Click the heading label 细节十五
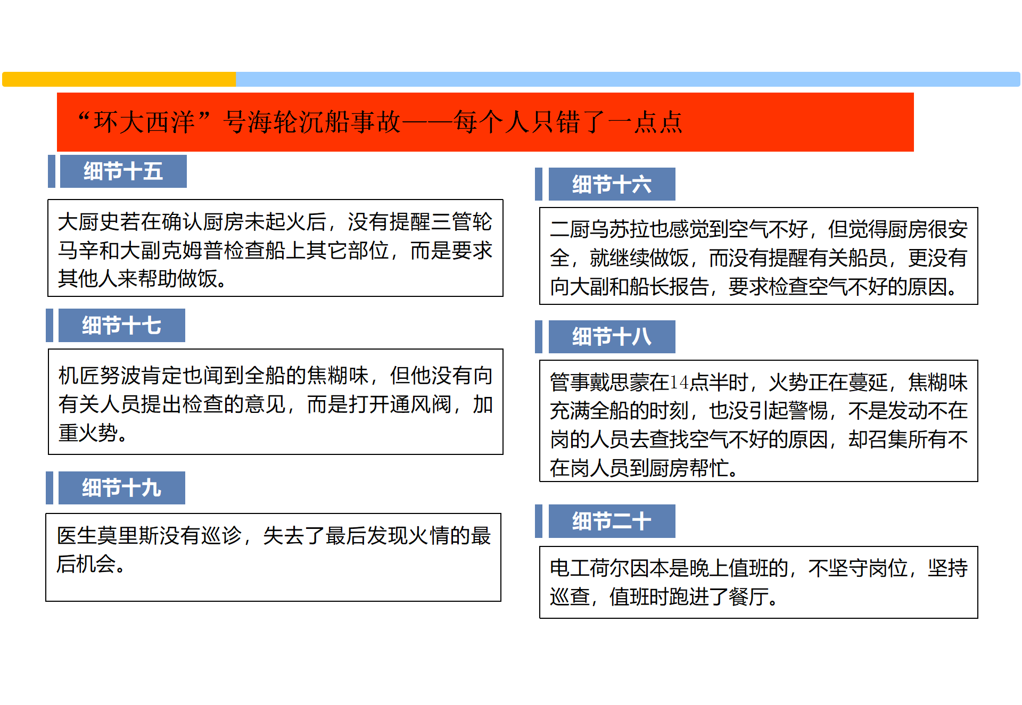(x=123, y=171)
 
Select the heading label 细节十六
(x=612, y=184)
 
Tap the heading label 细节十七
(x=121, y=325)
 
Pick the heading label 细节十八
(x=612, y=336)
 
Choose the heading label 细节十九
(x=121, y=487)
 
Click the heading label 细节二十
(x=612, y=521)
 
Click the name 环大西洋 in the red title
(x=144, y=122)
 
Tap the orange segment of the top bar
(x=119, y=79)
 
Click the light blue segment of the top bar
(x=628, y=79)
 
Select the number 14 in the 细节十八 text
(x=679, y=382)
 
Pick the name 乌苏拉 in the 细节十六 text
(x=620, y=229)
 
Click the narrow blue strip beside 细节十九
(x=50, y=487)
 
